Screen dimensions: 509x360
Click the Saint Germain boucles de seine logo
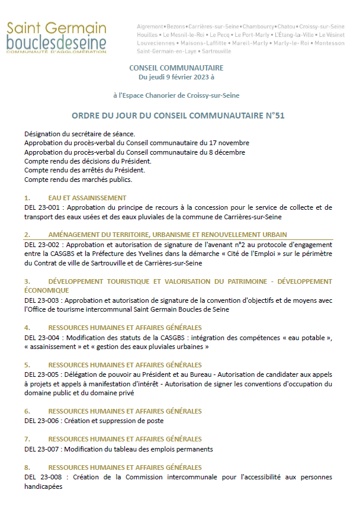tap(57, 38)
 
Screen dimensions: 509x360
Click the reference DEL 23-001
tap(43, 207)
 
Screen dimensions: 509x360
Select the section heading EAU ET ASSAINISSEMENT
tap(87, 197)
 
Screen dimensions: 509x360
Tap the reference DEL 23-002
tap(43, 244)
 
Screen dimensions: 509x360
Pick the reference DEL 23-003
tap(43, 300)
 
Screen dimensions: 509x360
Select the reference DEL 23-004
tap(43, 337)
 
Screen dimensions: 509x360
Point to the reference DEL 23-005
tap(43, 374)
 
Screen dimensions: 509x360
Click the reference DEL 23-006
tap(43, 421)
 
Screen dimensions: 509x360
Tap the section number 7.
tap(27, 439)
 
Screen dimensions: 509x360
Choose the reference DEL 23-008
tap(43, 477)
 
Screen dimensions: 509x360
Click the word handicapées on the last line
tap(43, 486)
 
